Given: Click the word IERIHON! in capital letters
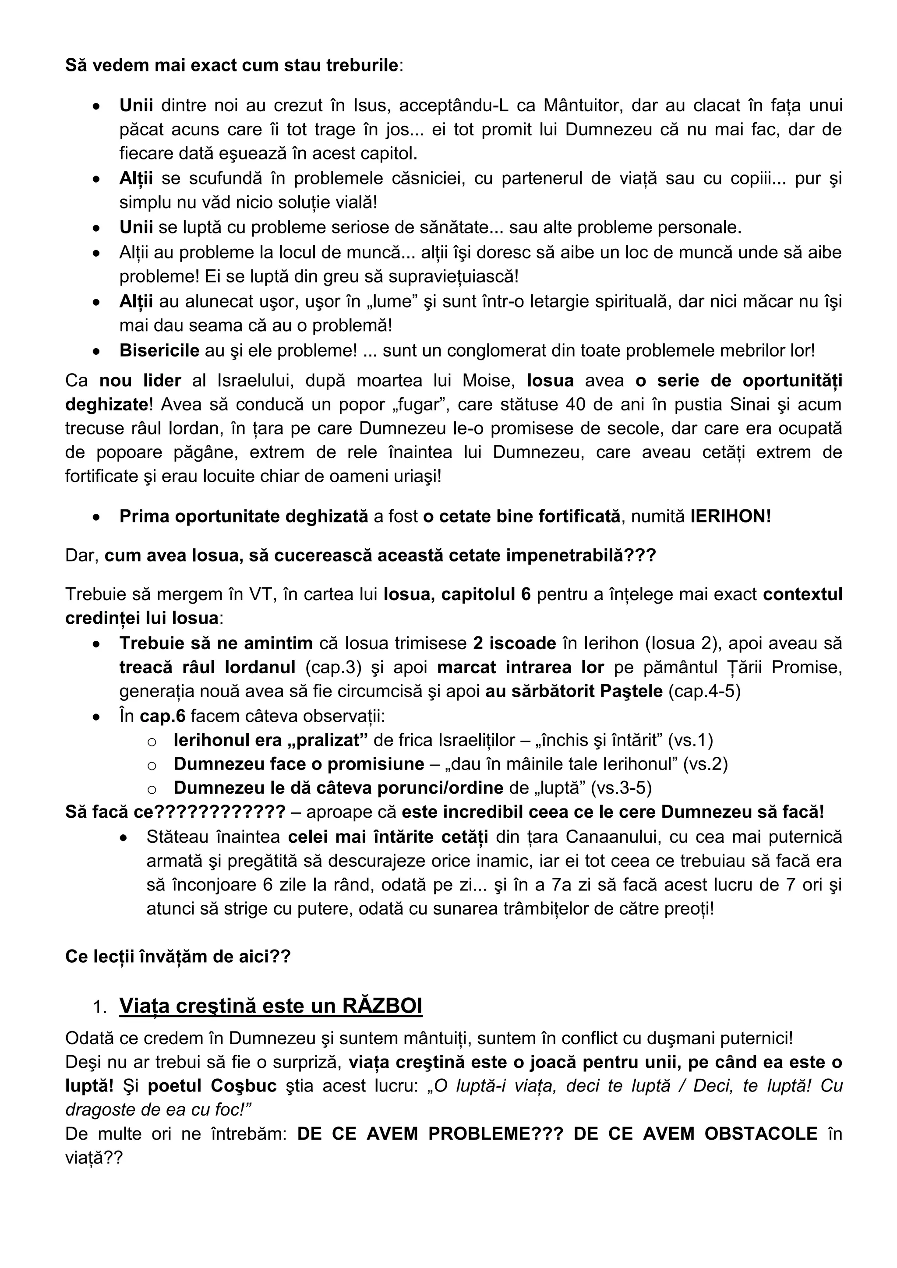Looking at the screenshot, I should (730, 516).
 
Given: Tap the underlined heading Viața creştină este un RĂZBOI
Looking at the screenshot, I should (271, 1006).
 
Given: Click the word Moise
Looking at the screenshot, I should (487, 381).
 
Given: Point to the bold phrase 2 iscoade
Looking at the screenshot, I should (514, 643).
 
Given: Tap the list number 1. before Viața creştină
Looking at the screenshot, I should (100, 1007).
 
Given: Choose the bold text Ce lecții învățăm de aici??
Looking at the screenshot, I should (177, 956).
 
